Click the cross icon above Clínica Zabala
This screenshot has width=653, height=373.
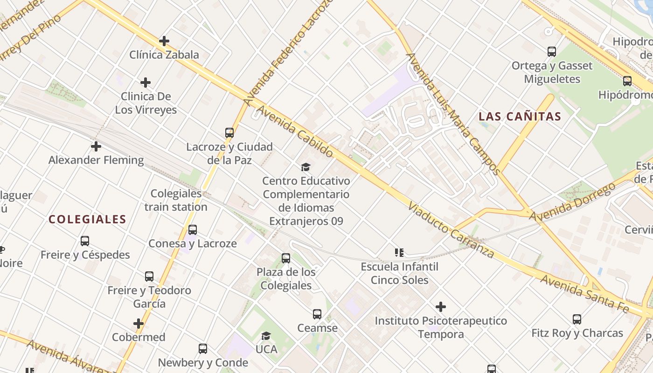coord(164,41)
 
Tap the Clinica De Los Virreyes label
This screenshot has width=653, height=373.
coord(146,103)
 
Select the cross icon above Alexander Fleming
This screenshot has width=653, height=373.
coord(96,146)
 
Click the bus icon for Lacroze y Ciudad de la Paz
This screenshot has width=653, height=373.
coord(229,133)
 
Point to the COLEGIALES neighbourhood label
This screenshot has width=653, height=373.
coord(88,219)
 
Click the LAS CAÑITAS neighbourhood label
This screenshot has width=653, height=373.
coord(520,117)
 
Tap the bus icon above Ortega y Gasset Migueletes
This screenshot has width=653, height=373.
coord(552,52)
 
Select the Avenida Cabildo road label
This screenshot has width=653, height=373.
coord(295,131)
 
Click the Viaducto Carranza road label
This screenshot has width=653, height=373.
coord(451,230)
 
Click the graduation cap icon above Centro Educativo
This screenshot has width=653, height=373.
coord(306,167)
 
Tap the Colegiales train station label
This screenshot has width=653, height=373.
coord(176,200)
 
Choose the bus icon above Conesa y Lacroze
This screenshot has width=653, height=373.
coord(192,230)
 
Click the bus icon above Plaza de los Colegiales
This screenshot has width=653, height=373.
coord(286,258)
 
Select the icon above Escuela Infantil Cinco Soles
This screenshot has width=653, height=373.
coord(399,253)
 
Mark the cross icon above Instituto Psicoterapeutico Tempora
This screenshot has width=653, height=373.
coord(441,307)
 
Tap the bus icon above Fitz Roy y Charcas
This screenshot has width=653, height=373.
coord(577,319)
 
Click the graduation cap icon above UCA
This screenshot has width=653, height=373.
coord(266,336)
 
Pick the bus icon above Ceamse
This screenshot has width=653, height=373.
coord(317,314)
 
